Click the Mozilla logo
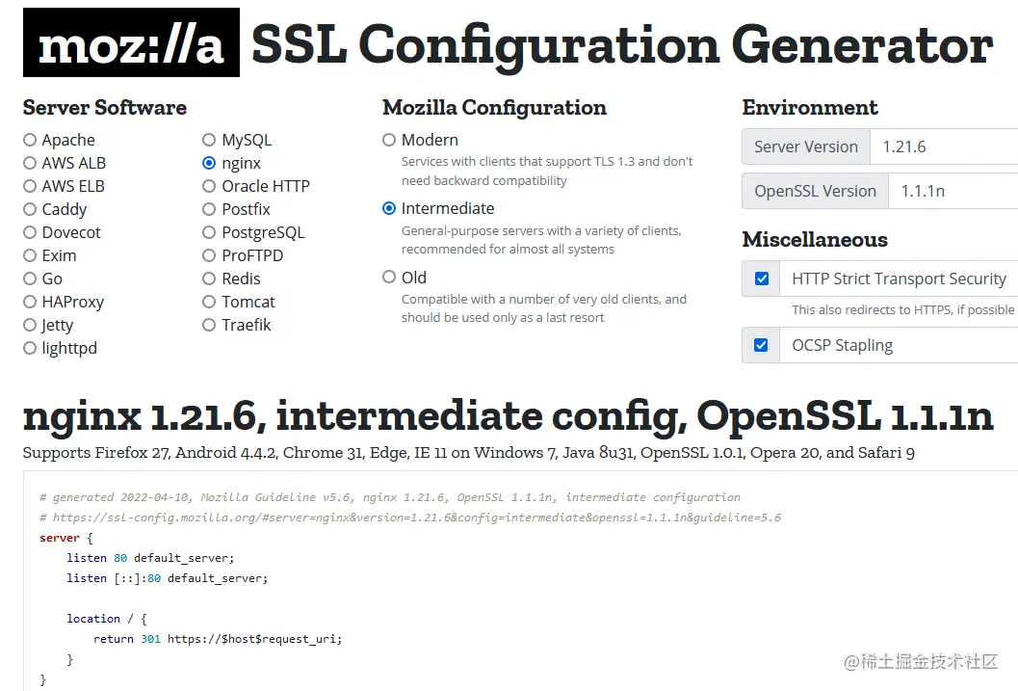131,43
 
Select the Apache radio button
30,140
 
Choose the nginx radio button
209,163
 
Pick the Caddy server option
30,209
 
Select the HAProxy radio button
30,302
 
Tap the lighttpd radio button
30,348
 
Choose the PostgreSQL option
209,232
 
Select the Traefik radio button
209,325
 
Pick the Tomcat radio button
209,302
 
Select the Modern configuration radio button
389,140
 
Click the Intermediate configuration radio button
389,208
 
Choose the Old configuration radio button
389,278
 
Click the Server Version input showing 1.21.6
944,146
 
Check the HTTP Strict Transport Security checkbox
762,279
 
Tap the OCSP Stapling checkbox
762,345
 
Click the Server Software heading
105,107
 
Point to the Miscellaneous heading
815,239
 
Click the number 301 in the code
150,639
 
